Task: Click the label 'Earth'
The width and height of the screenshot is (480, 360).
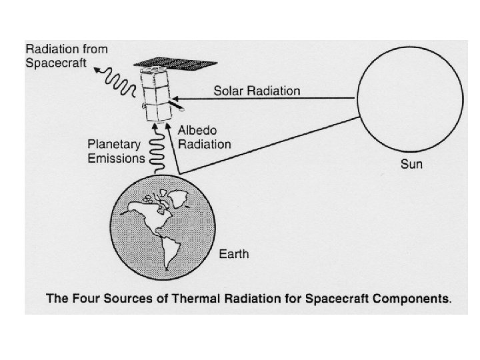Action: click(x=235, y=254)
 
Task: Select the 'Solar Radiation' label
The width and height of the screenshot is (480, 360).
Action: click(x=257, y=90)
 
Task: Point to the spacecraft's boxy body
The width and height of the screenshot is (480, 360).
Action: click(x=157, y=97)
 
